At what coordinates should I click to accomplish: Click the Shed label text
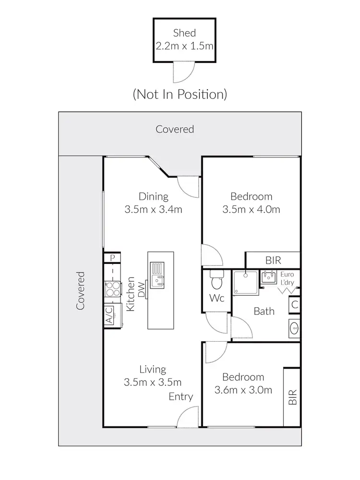click(184, 33)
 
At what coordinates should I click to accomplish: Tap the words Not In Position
click(180, 94)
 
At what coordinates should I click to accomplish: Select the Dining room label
click(153, 196)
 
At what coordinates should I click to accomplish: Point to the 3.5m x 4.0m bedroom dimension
click(251, 209)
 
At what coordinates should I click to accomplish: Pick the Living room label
click(153, 370)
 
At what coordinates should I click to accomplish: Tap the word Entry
click(180, 396)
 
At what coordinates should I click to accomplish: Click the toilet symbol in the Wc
click(216, 280)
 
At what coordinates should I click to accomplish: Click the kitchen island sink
click(157, 275)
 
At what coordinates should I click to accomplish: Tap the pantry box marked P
click(112, 258)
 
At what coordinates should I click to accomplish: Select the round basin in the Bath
click(295, 329)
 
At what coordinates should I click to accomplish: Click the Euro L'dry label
click(287, 279)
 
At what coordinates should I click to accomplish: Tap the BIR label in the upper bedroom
click(273, 261)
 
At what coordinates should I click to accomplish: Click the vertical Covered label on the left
click(81, 290)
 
